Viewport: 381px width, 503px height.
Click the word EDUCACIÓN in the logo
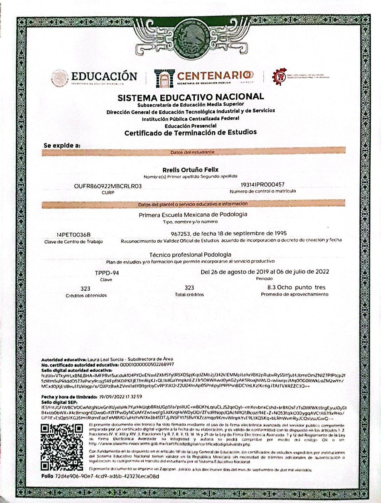tap(104, 76)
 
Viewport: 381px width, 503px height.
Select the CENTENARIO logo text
tap(215, 75)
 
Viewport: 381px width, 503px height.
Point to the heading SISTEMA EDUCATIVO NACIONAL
tap(190, 97)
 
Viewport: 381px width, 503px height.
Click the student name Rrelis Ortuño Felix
tap(190, 169)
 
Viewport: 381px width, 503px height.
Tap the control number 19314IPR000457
tap(263, 185)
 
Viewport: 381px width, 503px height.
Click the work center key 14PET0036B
tap(74, 235)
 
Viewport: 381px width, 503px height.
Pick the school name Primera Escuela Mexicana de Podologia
tap(193, 214)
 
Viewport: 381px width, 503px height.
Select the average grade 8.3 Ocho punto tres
tap(296, 287)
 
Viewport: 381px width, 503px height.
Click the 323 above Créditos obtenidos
tap(86, 288)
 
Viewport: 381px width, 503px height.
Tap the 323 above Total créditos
tap(189, 288)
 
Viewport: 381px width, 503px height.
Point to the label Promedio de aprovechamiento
tap(295, 294)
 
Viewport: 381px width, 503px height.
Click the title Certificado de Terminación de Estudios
tap(190, 133)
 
